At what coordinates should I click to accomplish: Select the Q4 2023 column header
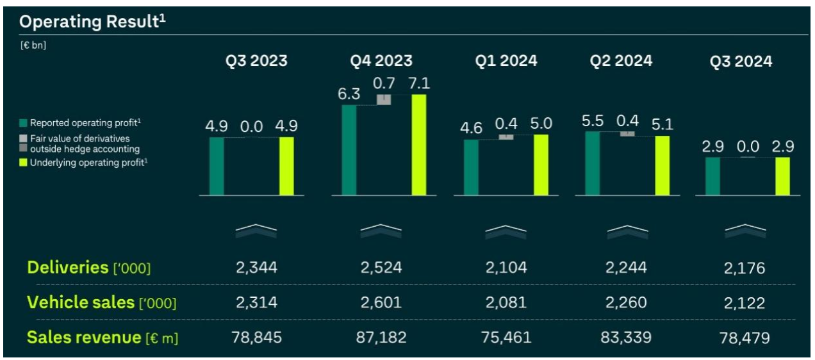coord(381,61)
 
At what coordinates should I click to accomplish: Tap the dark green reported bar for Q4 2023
coord(349,150)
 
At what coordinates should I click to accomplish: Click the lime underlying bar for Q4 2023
coord(419,145)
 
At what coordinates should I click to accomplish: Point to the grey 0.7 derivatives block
coord(384,99)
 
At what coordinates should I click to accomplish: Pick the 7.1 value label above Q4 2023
coord(419,83)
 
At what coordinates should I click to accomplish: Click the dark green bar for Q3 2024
coord(712,176)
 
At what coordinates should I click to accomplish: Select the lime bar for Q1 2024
coord(541,165)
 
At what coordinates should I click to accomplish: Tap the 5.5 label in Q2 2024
coord(593,120)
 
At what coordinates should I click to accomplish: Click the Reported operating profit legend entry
coord(80,123)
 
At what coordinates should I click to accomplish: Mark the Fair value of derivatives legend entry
coord(84,143)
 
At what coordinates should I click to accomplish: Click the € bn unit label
coord(33,45)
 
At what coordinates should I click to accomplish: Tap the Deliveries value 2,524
coord(381,268)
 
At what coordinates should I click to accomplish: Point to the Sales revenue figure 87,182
coord(381,337)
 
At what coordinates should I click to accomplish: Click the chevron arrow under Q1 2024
coord(506,231)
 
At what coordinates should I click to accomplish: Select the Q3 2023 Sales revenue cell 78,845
coord(255,337)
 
